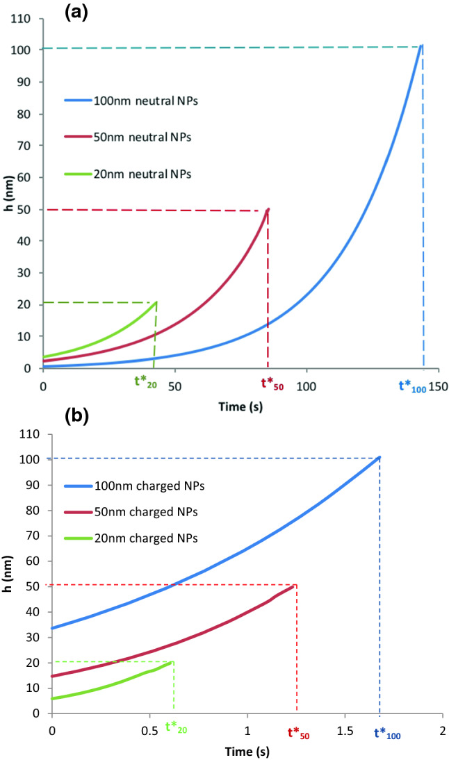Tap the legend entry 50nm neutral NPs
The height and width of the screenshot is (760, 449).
pos(129,137)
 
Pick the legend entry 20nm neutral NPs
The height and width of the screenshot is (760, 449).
pos(129,173)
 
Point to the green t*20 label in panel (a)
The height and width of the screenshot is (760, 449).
pos(147,381)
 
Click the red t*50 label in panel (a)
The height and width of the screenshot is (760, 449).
pos(272,381)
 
